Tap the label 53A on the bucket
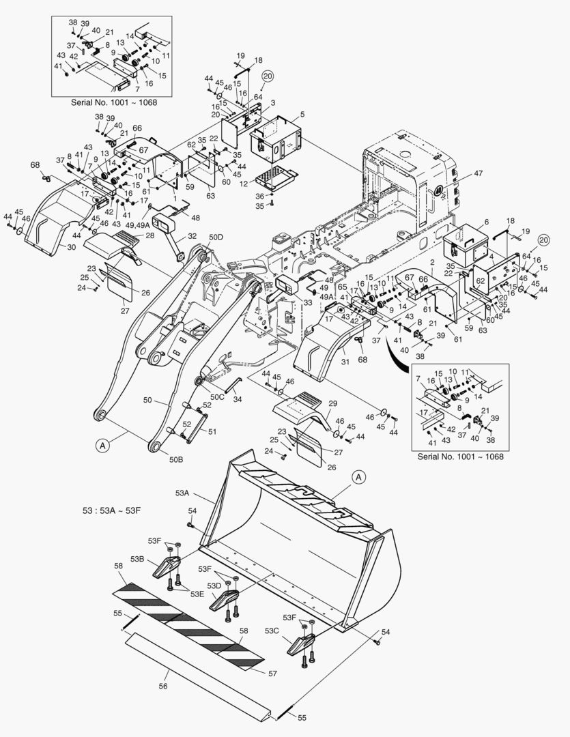pos(182,493)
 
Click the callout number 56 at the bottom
pos(163,687)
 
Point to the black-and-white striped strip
pos(188,621)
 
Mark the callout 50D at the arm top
pos(216,237)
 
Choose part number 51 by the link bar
pos(212,431)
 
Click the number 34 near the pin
pos(238,399)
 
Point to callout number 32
pos(193,236)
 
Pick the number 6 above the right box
pos(487,222)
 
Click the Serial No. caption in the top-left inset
pos(113,102)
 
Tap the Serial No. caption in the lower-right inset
pos(460,456)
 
